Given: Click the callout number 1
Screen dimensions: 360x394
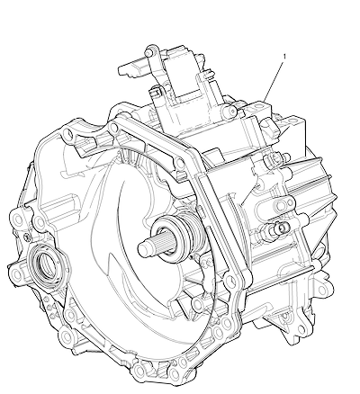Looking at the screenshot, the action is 284,56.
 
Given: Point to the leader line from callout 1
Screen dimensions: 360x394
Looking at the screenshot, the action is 274,80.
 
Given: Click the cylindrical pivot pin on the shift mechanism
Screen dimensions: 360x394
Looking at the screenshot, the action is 230,111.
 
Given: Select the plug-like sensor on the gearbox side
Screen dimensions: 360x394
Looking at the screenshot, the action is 277,228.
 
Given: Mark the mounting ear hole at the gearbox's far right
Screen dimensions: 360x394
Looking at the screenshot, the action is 321,290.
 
